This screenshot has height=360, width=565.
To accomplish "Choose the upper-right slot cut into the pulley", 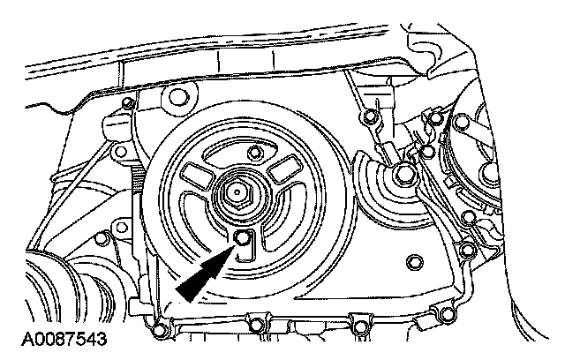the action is click(x=284, y=170).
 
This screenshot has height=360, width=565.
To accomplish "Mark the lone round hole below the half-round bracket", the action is click(x=414, y=262).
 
